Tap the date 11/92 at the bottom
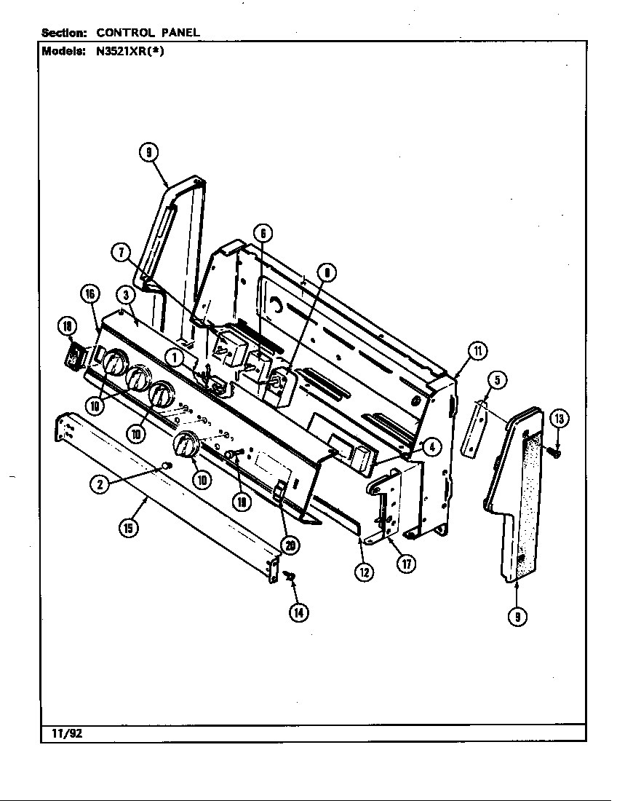(x=67, y=733)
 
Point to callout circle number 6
(x=263, y=232)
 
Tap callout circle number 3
(x=126, y=295)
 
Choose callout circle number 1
(x=174, y=357)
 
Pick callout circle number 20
(x=290, y=545)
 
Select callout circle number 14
(x=298, y=612)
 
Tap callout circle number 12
(x=363, y=572)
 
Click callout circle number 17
(x=407, y=564)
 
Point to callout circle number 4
(x=431, y=447)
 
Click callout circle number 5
(x=497, y=379)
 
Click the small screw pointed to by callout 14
(x=289, y=577)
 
